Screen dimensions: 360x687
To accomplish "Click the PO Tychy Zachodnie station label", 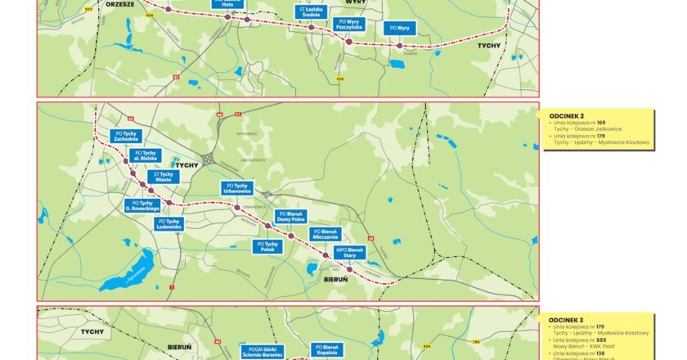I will [126, 136].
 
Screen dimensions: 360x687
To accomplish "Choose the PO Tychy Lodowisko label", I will [170, 223].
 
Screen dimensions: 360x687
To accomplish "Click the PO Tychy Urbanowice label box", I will [240, 189].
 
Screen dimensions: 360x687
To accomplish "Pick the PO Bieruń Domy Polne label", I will [290, 218].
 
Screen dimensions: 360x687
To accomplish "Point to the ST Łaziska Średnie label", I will [312, 12].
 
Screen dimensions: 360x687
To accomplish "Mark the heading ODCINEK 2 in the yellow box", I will [566, 115].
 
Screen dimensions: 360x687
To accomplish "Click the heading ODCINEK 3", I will [566, 319].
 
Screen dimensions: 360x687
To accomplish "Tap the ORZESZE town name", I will [119, 4].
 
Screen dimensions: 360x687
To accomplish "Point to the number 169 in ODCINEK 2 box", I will [601, 123].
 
